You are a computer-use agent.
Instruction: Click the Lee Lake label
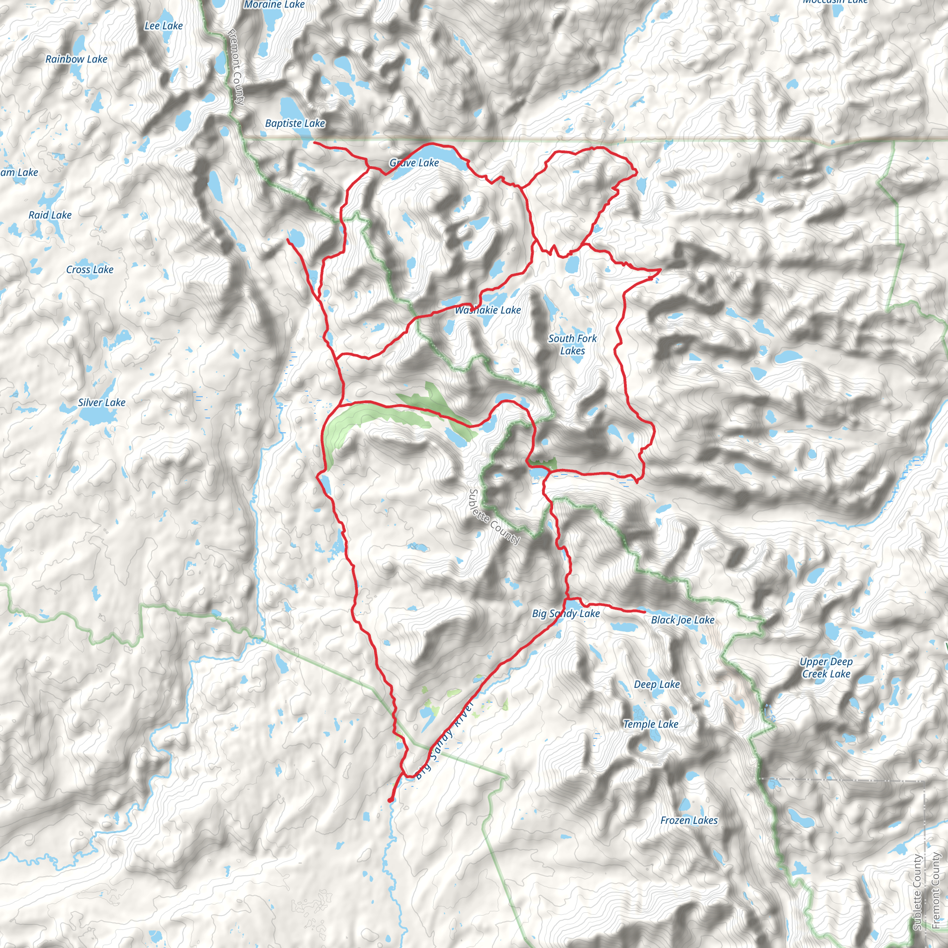163,26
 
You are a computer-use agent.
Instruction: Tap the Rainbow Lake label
76,59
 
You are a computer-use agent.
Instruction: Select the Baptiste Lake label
295,124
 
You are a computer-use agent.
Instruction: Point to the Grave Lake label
414,163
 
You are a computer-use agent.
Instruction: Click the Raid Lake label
50,215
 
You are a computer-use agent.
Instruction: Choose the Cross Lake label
90,269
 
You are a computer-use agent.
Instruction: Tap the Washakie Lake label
488,310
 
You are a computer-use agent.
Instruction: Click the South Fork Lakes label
572,344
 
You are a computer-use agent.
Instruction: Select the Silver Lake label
101,402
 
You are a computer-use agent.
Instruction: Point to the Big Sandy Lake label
566,613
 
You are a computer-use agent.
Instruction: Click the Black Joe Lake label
683,620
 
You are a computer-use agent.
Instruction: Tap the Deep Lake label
656,684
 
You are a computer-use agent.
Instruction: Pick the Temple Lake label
651,724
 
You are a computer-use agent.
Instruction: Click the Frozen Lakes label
688,820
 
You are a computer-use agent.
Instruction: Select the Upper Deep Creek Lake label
826,667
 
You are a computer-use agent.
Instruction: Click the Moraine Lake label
275,5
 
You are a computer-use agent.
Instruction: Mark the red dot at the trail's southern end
390,800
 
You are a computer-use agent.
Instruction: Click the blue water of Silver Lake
96,417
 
